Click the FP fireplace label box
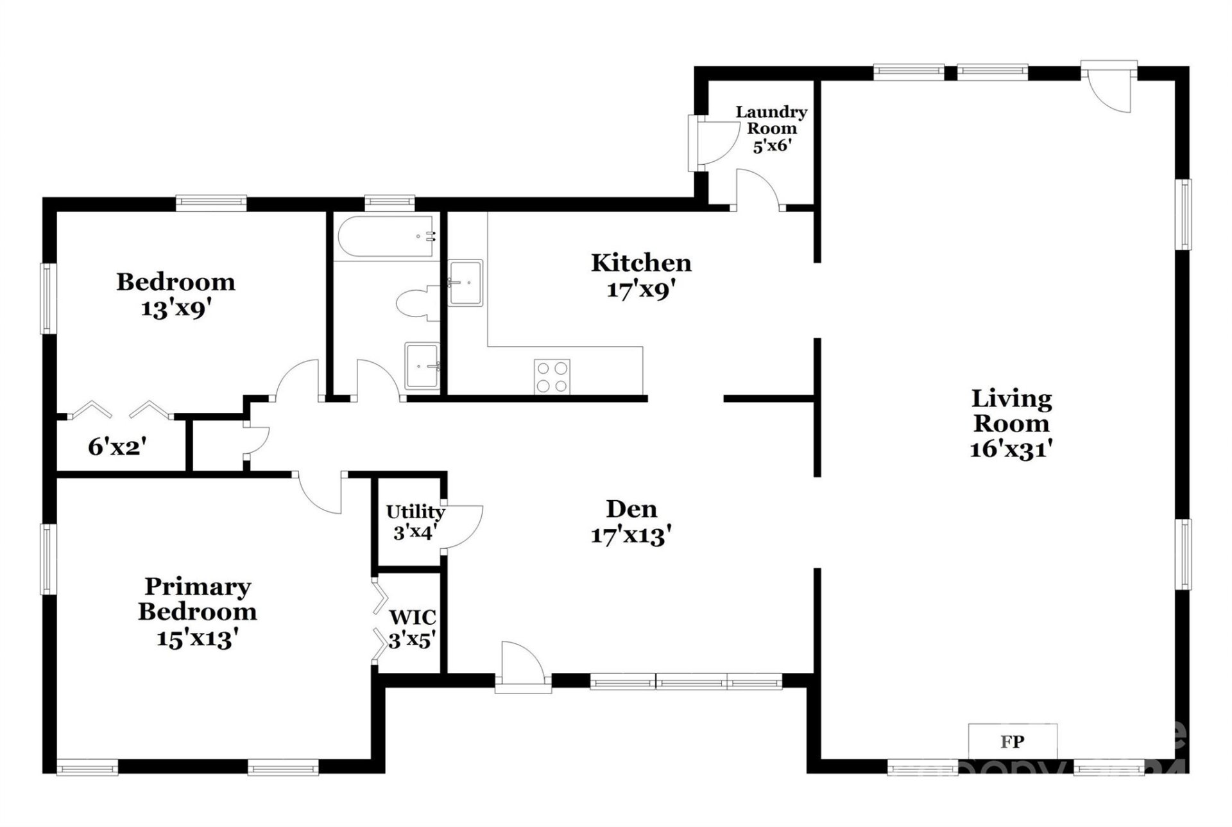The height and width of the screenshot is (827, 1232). (1013, 742)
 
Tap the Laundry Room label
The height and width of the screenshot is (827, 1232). (771, 120)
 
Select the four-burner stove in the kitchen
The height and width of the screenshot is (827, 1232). (552, 377)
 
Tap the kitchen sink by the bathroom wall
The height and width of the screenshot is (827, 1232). (465, 283)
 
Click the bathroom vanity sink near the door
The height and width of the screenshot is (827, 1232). (422, 366)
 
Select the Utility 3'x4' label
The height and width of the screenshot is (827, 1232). (415, 522)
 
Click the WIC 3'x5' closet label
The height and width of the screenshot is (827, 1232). (413, 628)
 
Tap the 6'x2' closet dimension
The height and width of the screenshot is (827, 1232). (117, 447)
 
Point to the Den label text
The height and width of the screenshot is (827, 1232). (631, 509)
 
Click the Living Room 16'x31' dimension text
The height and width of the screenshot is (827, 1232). (1011, 449)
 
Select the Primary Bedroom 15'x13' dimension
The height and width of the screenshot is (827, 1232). (198, 639)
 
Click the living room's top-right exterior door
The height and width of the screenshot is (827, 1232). (1109, 87)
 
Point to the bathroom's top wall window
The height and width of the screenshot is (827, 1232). (389, 203)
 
